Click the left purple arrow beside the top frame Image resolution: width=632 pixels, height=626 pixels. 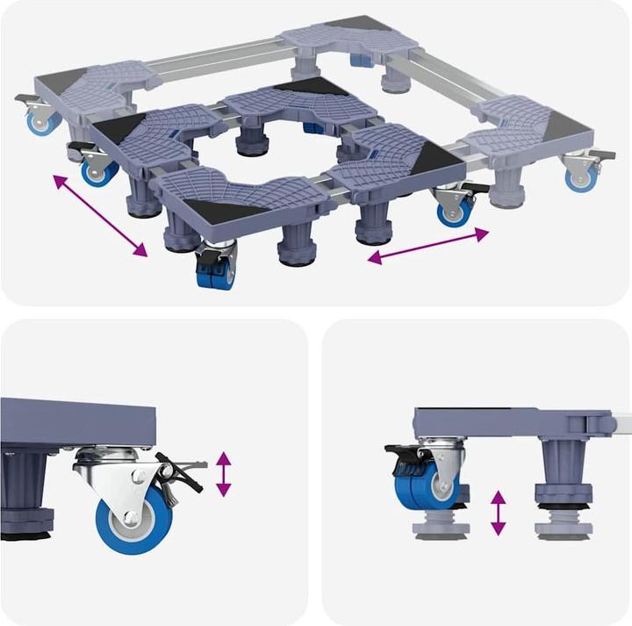(x=99, y=215)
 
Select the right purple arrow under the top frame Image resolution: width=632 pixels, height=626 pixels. (x=427, y=245)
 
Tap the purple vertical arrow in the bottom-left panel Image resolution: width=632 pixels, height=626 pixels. (x=224, y=473)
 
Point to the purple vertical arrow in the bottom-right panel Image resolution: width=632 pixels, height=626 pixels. (x=498, y=513)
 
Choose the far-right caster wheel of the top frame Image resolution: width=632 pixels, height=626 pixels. (x=581, y=176)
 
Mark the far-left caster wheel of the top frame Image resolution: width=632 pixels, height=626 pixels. (x=40, y=120)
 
